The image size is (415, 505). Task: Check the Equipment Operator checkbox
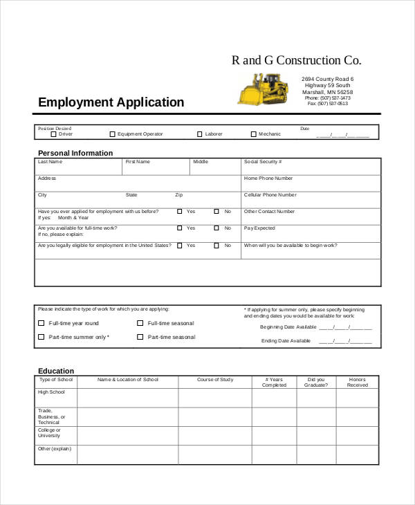coord(112,134)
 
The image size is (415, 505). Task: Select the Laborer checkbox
coord(200,134)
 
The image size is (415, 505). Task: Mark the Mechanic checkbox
coord(253,134)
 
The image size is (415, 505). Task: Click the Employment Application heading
coord(111,103)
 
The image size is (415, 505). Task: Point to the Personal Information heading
coord(75,153)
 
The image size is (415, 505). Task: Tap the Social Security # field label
coord(261,162)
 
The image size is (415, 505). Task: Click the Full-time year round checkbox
coord(41,323)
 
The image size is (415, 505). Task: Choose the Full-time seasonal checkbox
coord(140,323)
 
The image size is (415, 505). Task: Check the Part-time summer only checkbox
coord(41,337)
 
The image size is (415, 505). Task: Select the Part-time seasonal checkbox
coord(140,337)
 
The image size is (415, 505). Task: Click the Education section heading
coord(56,371)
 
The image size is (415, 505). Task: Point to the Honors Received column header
coord(358,383)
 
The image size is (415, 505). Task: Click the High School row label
coord(51,392)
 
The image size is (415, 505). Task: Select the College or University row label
coord(49,433)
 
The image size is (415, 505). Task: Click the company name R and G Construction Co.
coord(296,60)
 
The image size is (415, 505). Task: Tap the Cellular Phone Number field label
coord(270,195)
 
